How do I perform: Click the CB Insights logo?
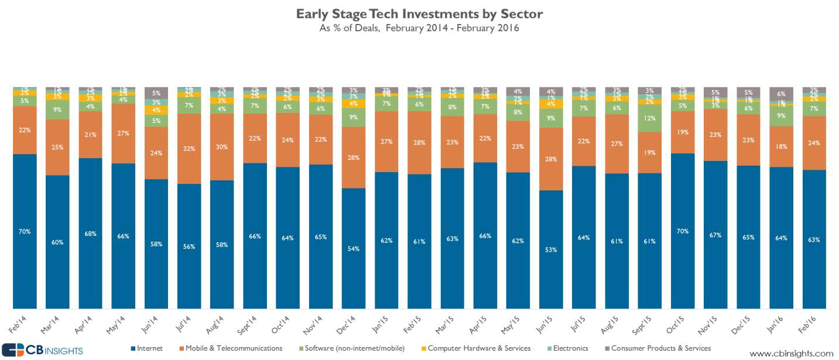click(42, 350)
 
